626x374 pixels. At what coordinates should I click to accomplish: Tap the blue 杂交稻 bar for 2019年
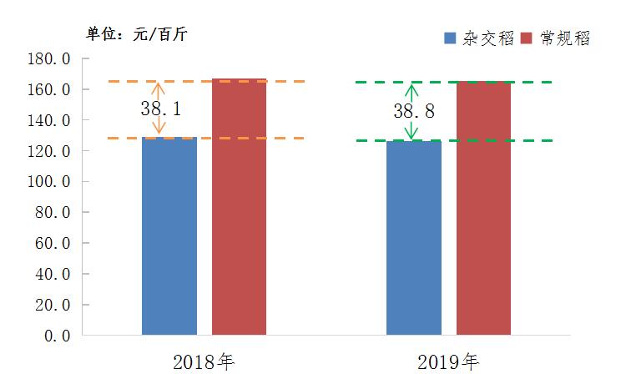tap(413, 238)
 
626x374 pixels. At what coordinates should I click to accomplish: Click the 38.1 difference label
tap(161, 109)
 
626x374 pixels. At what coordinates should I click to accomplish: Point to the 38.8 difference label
tap(414, 110)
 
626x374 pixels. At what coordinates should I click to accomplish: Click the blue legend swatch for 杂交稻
tap(450, 38)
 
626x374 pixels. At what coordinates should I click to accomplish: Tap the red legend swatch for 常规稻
tap(527, 38)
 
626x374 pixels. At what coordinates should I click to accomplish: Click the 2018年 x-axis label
tap(204, 361)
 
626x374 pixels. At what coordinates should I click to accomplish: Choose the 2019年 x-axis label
tap(449, 361)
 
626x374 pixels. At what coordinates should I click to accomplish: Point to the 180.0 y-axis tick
tap(71, 59)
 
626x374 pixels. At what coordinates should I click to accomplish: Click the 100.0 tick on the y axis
tap(71, 182)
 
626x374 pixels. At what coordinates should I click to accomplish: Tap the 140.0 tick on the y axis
tap(71, 120)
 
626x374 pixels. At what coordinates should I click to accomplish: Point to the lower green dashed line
tap(501, 140)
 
